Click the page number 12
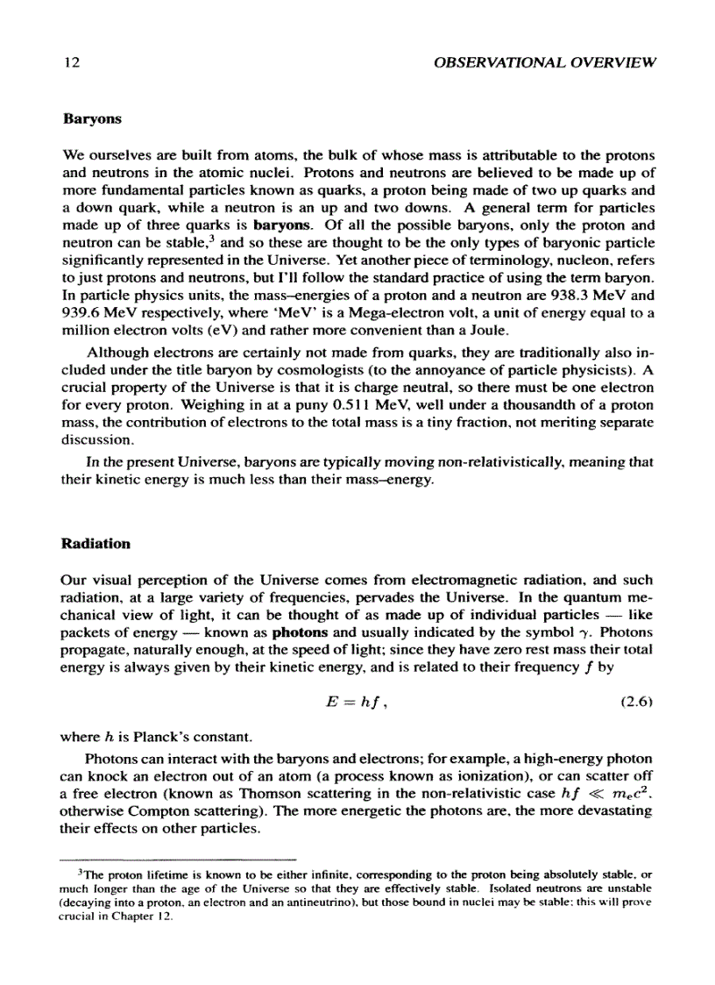tap(71, 63)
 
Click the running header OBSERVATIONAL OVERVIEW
tap(544, 63)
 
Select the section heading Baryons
tap(92, 117)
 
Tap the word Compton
tap(152, 808)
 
